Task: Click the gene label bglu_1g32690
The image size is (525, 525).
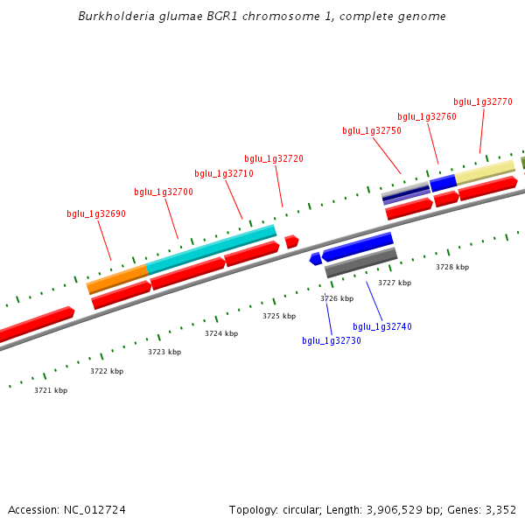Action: [96, 214]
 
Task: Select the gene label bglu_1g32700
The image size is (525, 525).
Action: [164, 192]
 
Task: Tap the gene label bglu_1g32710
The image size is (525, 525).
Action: [224, 174]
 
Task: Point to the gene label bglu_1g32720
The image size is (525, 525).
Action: [274, 159]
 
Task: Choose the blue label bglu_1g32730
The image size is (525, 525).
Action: [332, 341]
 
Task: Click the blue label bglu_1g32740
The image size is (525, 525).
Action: [382, 327]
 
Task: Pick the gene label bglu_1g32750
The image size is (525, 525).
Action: [372, 131]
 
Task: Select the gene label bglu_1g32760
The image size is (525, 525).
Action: [427, 117]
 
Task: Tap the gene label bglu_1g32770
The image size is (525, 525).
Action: [483, 102]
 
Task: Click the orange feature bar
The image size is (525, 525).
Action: [117, 278]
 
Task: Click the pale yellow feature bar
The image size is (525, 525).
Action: [485, 171]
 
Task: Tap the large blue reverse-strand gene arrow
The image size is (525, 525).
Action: [359, 248]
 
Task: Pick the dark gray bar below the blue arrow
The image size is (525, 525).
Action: [361, 263]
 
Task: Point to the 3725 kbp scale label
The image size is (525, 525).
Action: [279, 316]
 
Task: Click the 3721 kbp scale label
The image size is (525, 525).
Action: [51, 390]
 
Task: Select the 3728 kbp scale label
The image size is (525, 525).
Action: [452, 268]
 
